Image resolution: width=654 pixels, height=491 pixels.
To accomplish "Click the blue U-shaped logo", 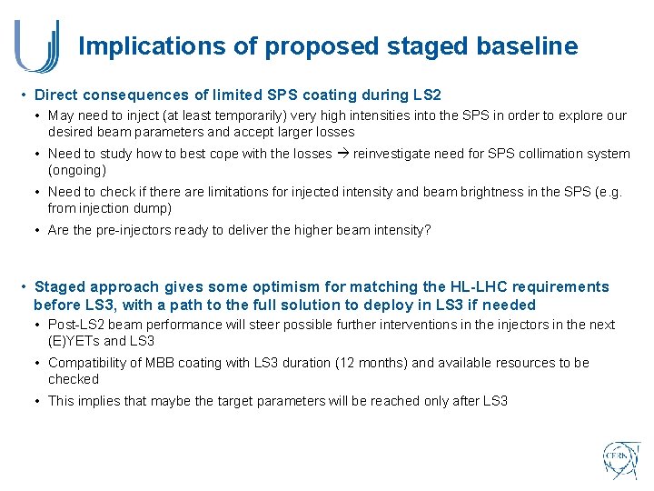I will pyautogui.click(x=37, y=46).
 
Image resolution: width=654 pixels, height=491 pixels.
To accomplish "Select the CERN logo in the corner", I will pyautogui.click(x=621, y=461).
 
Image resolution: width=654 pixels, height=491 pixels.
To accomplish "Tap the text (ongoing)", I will pyautogui.click(x=77, y=170).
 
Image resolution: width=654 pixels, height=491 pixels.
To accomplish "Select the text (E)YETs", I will pyautogui.click(x=77, y=341).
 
